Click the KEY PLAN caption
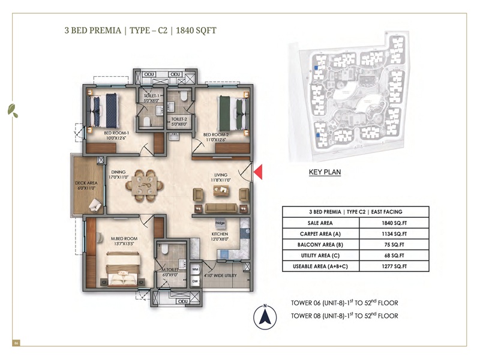pyautogui.click(x=325, y=172)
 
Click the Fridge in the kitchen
pyautogui.click(x=220, y=223)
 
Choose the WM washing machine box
pyautogui.click(x=195, y=269)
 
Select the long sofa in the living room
pyautogui.click(x=219, y=208)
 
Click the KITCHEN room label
pyautogui.click(x=219, y=234)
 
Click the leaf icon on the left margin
pyautogui.click(x=12, y=109)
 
